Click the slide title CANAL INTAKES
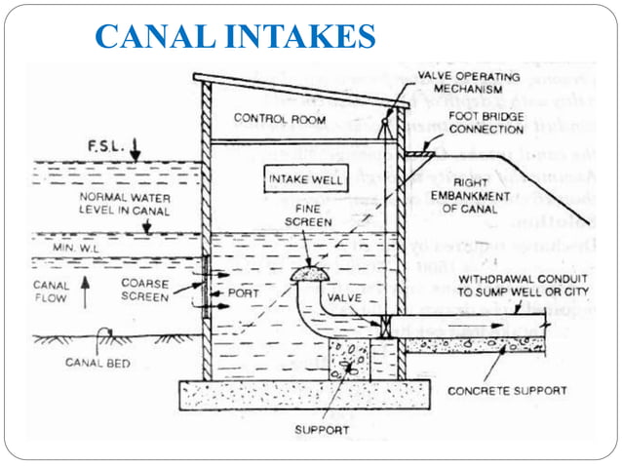pos(236,36)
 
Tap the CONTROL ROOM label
pos(272,118)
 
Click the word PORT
pos(243,292)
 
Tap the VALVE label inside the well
pos(345,297)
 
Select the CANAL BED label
pos(93,363)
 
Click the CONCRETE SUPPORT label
pos(507,390)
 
